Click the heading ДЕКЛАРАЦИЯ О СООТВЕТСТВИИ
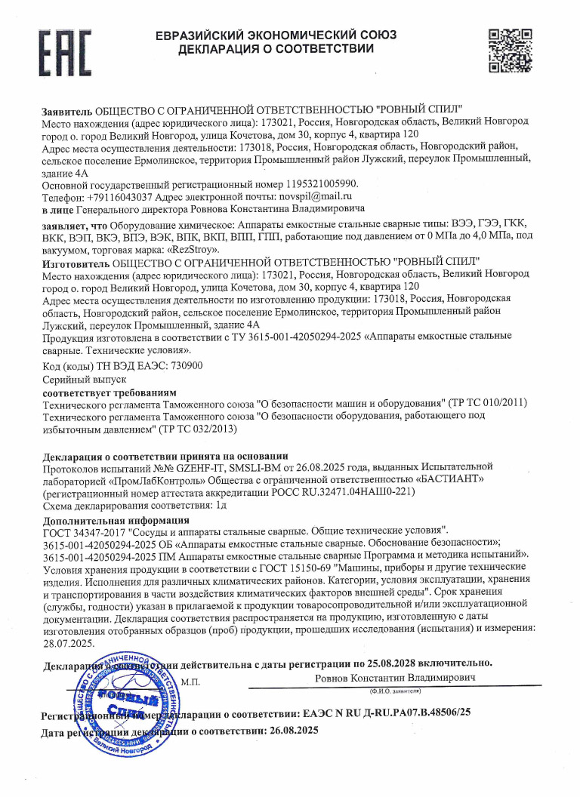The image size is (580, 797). tap(276, 49)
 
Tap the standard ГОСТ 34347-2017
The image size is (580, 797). tap(85, 532)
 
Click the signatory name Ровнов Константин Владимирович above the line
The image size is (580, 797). tap(396, 679)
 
